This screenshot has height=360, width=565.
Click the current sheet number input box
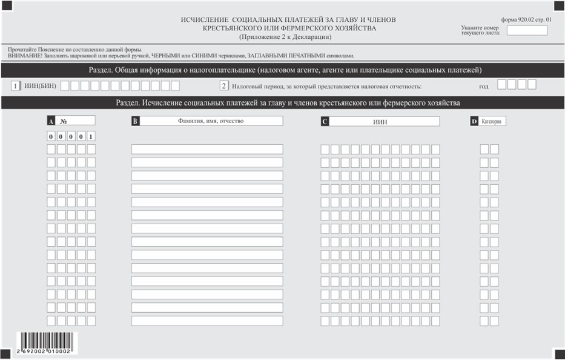click(526, 30)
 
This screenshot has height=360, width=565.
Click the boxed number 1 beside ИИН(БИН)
click(15, 85)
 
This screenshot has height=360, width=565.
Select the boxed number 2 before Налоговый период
click(223, 85)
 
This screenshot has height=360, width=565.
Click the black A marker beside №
click(51, 121)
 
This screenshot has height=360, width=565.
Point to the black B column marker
click(135, 121)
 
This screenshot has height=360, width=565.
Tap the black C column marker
click(325, 121)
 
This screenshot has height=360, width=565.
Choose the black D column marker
click(474, 121)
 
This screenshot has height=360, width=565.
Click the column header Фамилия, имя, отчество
click(210, 121)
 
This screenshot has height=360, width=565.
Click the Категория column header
click(491, 121)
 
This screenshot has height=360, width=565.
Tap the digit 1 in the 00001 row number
click(91, 136)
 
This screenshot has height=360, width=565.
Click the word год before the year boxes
click(483, 86)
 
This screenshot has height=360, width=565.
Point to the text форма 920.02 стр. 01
click(527, 19)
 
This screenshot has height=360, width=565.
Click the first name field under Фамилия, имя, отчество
click(207, 149)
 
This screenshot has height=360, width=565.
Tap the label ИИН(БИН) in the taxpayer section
click(41, 85)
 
